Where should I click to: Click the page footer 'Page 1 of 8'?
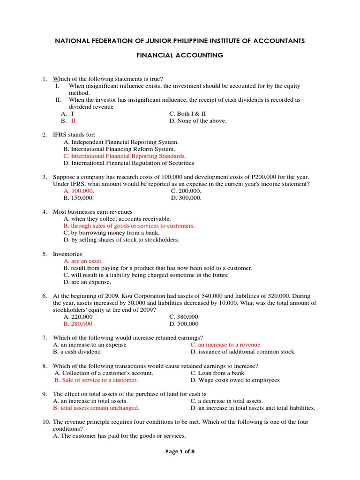(180, 451)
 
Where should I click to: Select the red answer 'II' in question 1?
(73, 120)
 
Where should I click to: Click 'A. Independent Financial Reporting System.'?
(121, 142)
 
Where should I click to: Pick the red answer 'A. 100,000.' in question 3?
(79, 191)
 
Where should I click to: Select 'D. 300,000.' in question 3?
(186, 198)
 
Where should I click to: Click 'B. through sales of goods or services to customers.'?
(129, 226)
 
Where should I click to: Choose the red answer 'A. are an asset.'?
(83, 261)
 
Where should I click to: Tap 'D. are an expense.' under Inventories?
(87, 282)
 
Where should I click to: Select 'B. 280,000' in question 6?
(78, 324)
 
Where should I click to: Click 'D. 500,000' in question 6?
(184, 324)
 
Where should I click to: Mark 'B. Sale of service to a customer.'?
(96, 380)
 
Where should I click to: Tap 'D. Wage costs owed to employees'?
(235, 380)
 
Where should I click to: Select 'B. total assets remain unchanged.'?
(96, 408)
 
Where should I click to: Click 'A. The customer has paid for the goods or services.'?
(120, 436)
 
